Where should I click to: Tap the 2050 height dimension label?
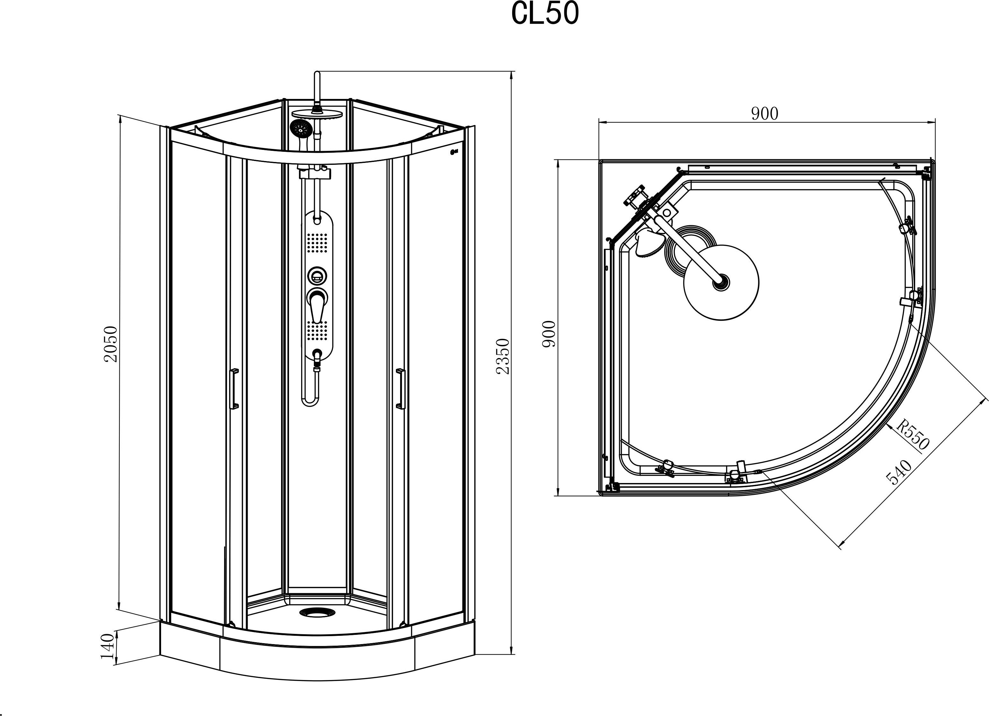coord(111,344)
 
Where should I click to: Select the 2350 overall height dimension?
coord(503,356)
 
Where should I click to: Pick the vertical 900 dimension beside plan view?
coord(549,334)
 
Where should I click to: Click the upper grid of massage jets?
coord(317,242)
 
